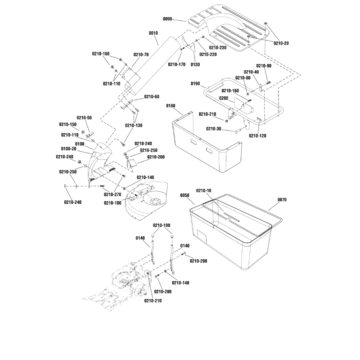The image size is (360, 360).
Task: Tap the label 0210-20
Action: tap(281, 42)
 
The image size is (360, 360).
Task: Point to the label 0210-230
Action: tap(217, 47)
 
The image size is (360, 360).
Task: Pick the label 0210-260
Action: tap(156, 157)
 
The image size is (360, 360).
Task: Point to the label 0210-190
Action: tap(162, 225)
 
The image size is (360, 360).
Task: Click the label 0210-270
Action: tap(112, 194)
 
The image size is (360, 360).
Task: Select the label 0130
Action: tap(195, 64)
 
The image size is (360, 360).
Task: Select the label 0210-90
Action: tap(264, 66)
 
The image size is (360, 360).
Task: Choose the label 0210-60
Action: tap(152, 97)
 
